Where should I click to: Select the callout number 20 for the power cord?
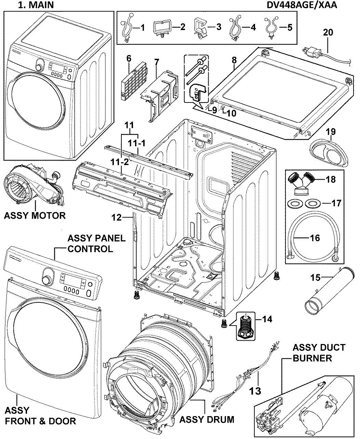pyautogui.click(x=328, y=32)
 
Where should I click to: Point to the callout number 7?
pyautogui.click(x=156, y=62)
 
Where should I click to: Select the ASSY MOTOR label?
pyautogui.click(x=34, y=216)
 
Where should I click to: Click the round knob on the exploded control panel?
pyautogui.click(x=45, y=279)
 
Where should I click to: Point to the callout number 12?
pyautogui.click(x=117, y=217)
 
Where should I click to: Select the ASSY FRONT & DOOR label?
pyautogui.click(x=40, y=415)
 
